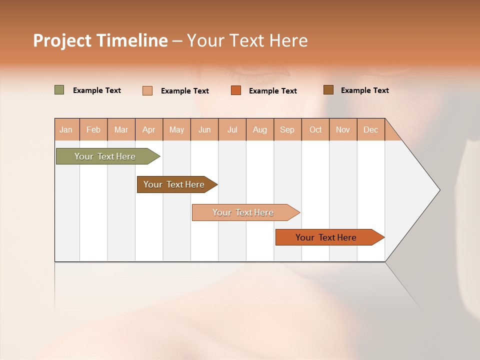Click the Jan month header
coord(66,129)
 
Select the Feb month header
coord(93,129)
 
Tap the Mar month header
coord(121,129)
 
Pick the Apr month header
coord(149,129)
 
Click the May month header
coord(176,129)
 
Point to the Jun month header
coord(204,129)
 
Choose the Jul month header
coord(232,129)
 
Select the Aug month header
coord(260,129)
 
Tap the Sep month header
coord(287,129)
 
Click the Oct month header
coord(315,129)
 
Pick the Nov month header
coord(343,129)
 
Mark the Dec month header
coord(371,129)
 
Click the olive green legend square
coord(59,90)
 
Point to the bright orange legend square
coord(236,90)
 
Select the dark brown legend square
coord(328,90)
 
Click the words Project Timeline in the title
coord(100,40)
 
